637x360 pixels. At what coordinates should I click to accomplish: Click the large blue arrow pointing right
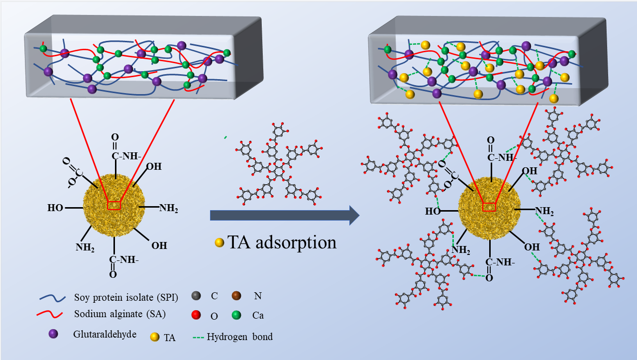point(284,215)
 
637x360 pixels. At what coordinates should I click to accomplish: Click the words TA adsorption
point(282,242)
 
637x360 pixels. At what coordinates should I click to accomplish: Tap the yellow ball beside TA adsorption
point(219,243)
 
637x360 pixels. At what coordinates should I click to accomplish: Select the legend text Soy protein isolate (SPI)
point(126,298)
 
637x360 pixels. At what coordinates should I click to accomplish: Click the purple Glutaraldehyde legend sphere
point(53,334)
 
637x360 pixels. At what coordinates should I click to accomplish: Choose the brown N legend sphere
point(236,297)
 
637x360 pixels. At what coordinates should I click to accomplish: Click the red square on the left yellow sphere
point(114,205)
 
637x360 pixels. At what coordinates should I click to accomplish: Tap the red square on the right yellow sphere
point(489,207)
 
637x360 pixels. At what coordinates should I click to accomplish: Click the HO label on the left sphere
point(55,207)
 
